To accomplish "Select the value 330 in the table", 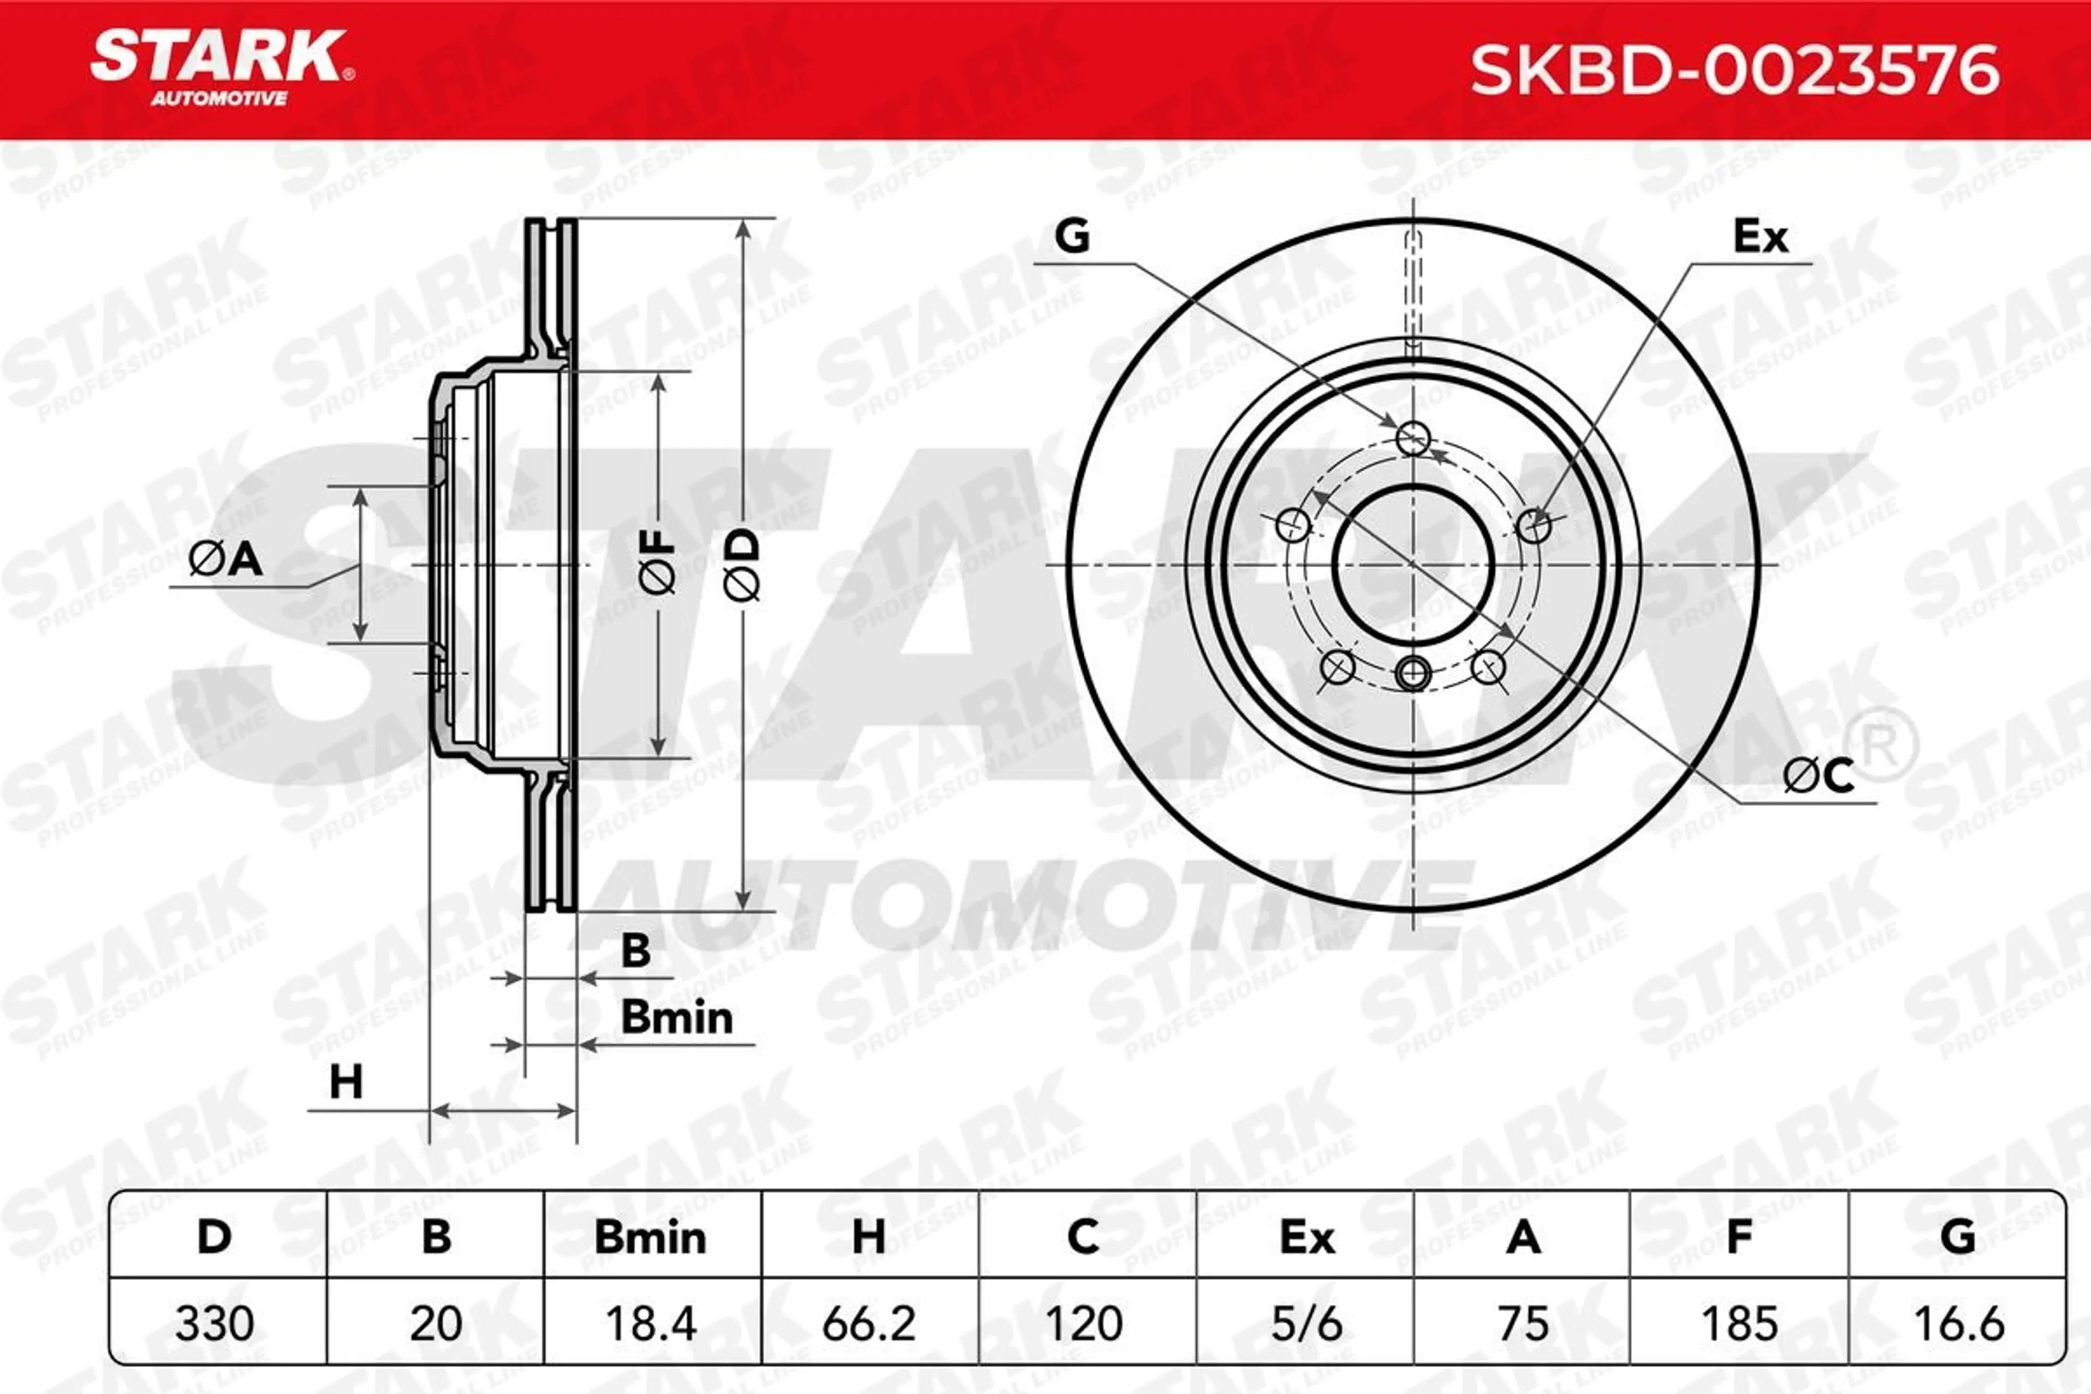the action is pyautogui.click(x=214, y=1324).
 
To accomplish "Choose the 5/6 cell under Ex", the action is pyautogui.click(x=1306, y=1324).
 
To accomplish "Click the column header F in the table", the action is pyautogui.click(x=1739, y=1237).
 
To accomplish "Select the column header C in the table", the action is pyautogui.click(x=1084, y=1237).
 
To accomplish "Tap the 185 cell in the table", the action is pyautogui.click(x=1739, y=1324).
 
